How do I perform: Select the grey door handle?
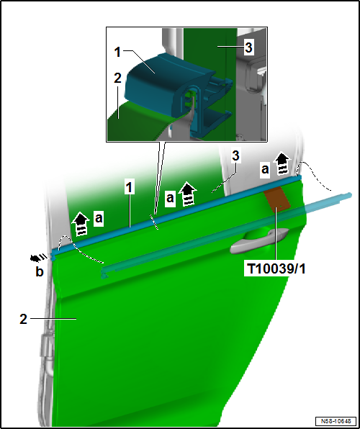tap(259, 240)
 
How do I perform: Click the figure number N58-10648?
tap(336, 420)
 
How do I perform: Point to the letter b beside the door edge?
tap(40, 271)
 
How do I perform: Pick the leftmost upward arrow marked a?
tap(81, 224)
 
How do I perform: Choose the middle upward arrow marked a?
tap(187, 194)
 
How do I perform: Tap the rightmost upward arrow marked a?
tap(282, 163)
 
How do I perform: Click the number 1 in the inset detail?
tap(118, 52)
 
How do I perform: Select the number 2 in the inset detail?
tap(117, 78)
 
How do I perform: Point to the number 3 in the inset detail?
tap(248, 48)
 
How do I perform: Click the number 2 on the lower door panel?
tap(24, 319)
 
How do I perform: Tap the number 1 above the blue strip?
tap(129, 189)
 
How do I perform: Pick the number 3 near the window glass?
tap(235, 156)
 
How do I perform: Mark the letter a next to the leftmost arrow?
tap(99, 219)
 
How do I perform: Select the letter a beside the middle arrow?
tap(171, 198)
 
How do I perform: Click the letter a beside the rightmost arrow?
tap(265, 169)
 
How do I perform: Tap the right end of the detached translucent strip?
tap(349, 195)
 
